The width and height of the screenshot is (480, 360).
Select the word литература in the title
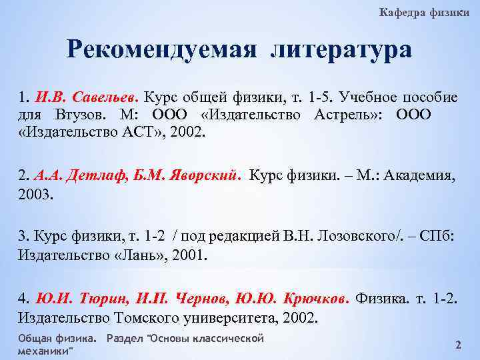point(341,50)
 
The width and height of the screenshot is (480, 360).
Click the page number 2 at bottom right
point(458,345)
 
